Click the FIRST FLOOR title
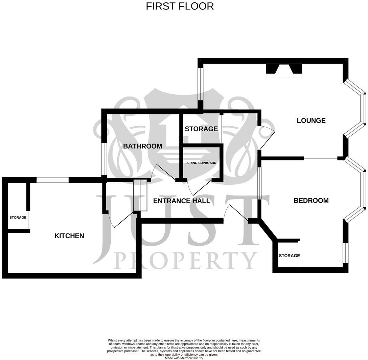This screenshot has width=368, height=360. (x=180, y=6)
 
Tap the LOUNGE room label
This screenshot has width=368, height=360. (x=311, y=120)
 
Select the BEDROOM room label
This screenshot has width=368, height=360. (x=311, y=200)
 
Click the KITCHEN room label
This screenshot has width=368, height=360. (x=69, y=236)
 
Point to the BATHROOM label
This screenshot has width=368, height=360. (x=142, y=146)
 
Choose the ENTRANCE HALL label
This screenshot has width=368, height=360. (x=182, y=201)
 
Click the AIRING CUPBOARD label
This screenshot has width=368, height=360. (x=201, y=163)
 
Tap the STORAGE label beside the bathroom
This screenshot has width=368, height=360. (x=201, y=129)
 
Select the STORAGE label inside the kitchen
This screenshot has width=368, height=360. (x=18, y=218)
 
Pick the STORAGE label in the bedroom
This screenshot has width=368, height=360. (x=289, y=256)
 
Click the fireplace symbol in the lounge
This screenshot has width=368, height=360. (x=284, y=70)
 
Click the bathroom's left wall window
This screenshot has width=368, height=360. (x=105, y=159)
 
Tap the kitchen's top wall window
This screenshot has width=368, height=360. (x=52, y=180)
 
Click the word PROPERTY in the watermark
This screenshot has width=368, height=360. (x=185, y=261)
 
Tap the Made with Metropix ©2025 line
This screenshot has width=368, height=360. (x=184, y=358)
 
